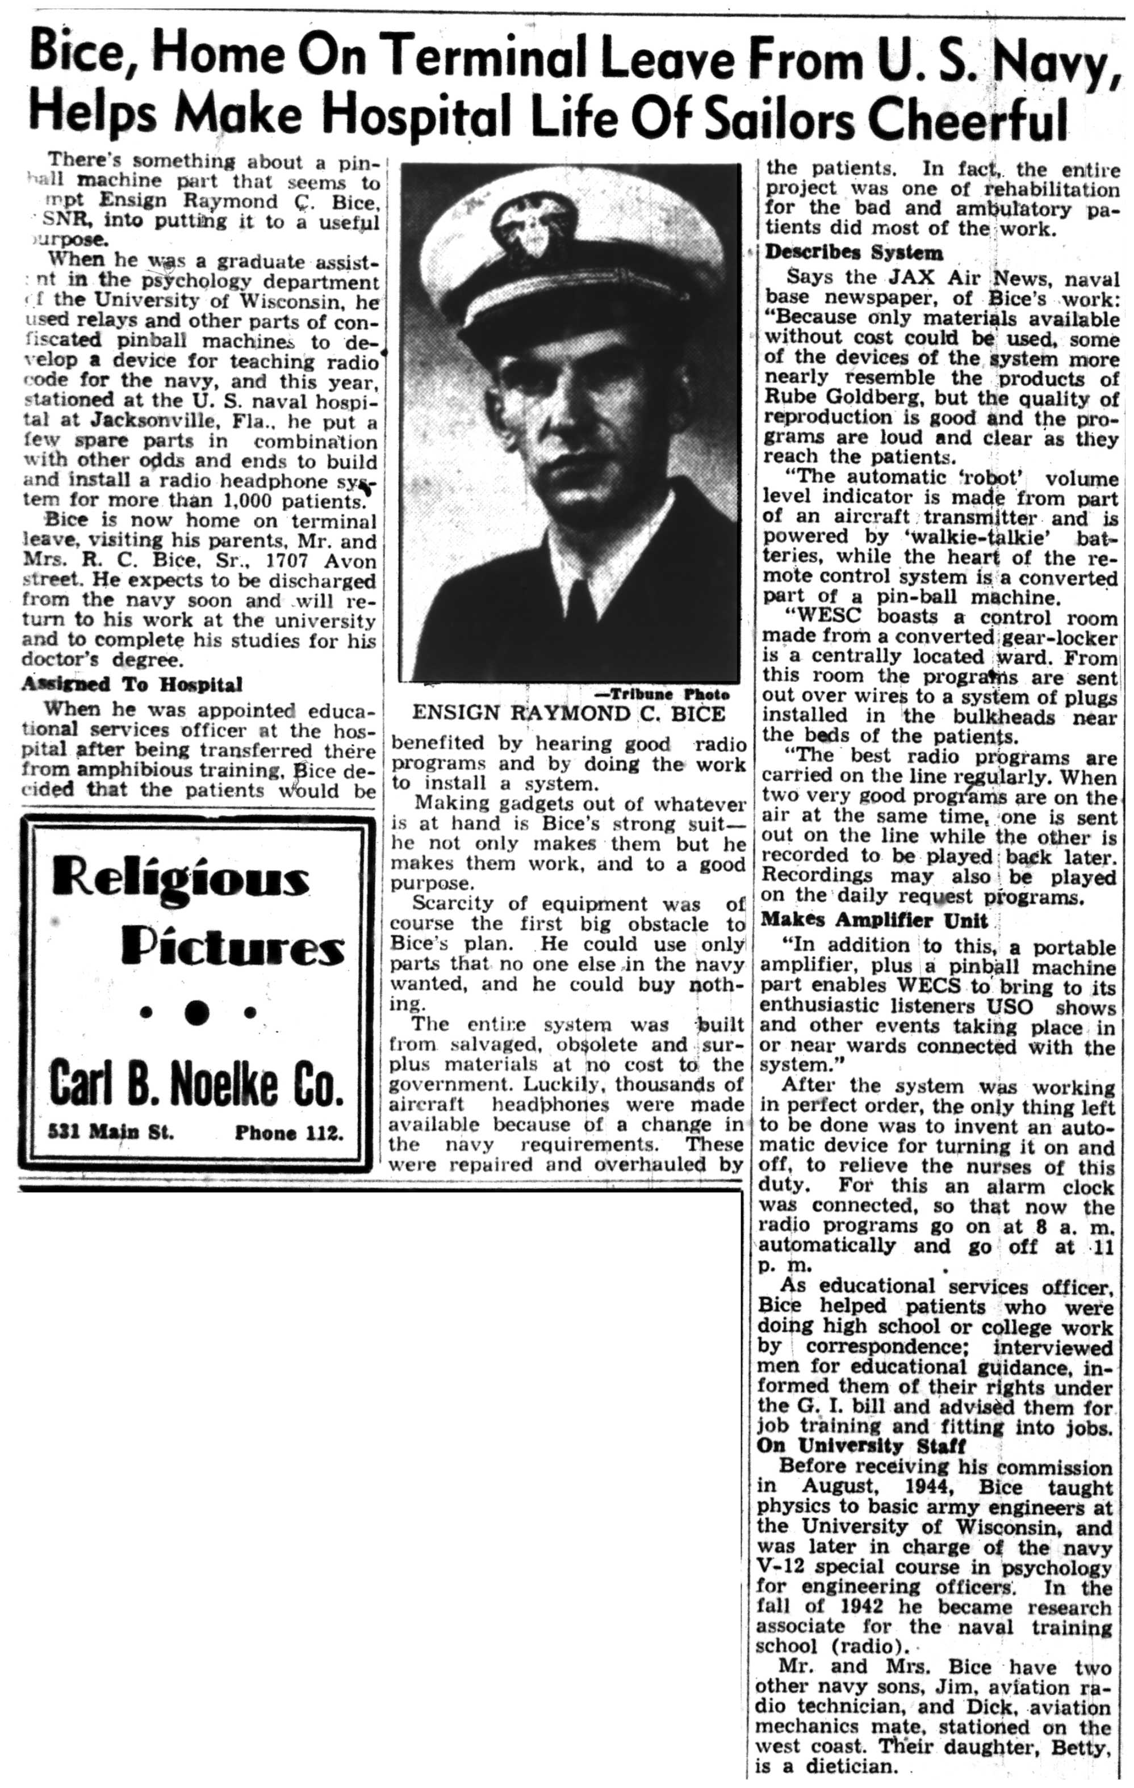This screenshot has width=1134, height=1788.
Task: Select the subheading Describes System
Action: pos(854,253)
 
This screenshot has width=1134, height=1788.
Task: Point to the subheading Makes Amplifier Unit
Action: pos(873,921)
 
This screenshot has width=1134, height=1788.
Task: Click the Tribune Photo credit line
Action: pos(663,694)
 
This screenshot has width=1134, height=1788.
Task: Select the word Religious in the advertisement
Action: pos(181,882)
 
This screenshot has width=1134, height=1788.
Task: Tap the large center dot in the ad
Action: pos(197,1012)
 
